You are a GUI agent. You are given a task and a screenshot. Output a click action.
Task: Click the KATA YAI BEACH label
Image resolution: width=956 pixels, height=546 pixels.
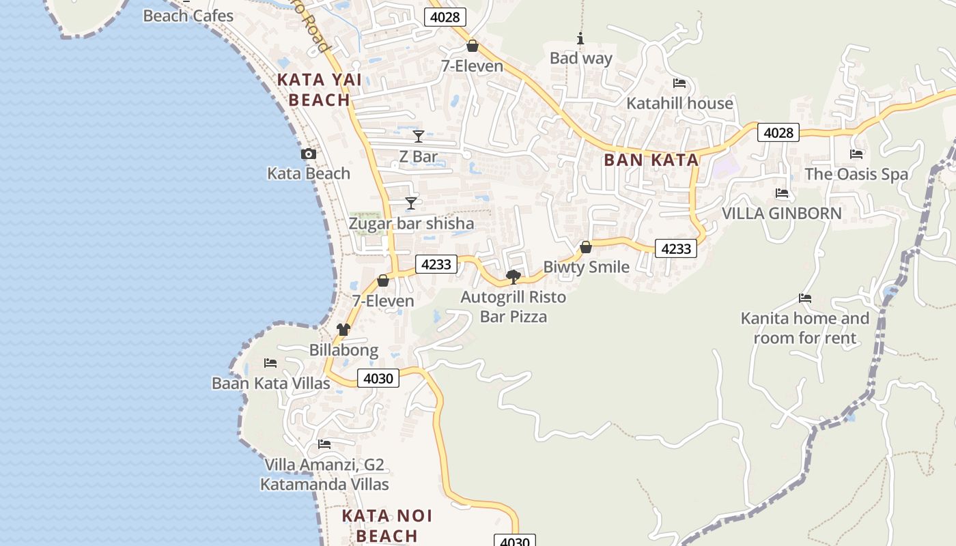point(319,90)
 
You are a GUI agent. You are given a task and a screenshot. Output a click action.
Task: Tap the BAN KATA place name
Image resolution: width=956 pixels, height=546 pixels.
point(651,160)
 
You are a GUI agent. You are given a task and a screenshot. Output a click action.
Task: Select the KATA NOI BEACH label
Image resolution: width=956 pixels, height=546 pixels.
point(386,526)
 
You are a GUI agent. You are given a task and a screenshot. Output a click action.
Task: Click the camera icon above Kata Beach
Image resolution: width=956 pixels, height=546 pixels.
point(309,154)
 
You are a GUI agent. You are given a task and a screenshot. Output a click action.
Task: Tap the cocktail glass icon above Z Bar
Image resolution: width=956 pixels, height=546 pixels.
point(419,136)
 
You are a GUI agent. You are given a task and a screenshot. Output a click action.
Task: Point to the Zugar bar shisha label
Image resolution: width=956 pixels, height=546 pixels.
point(411,224)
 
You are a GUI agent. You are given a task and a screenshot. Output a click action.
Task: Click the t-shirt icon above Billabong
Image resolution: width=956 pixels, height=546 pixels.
point(343,330)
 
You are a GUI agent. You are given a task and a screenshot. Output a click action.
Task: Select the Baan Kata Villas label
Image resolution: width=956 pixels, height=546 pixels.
point(271,384)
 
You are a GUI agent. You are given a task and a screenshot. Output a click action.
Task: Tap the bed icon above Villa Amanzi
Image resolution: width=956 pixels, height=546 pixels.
point(324,444)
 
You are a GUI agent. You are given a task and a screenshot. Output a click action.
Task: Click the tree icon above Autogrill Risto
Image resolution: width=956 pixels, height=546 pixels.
point(514,276)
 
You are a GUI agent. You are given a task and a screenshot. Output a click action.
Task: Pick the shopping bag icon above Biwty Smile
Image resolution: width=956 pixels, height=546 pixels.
point(586,247)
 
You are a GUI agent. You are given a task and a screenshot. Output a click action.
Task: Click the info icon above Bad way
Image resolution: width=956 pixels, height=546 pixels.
point(580,39)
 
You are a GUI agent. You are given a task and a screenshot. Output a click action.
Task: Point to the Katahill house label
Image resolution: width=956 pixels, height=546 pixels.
point(679,104)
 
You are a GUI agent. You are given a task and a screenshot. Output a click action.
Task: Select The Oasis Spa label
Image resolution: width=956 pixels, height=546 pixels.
point(856,174)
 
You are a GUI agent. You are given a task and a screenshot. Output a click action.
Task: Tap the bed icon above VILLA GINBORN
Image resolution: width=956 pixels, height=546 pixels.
point(782,194)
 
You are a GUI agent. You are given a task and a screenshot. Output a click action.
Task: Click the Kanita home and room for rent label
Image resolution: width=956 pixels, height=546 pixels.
point(805,328)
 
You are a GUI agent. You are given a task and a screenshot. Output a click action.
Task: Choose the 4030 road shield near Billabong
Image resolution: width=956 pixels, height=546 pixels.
point(378,378)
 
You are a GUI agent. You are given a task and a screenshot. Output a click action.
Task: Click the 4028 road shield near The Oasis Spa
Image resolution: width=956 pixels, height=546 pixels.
point(778,132)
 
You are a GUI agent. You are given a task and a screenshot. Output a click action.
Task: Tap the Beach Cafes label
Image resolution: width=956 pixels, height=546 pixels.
point(188,16)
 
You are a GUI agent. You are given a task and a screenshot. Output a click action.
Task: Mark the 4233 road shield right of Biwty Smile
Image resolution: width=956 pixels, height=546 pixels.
point(676,248)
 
